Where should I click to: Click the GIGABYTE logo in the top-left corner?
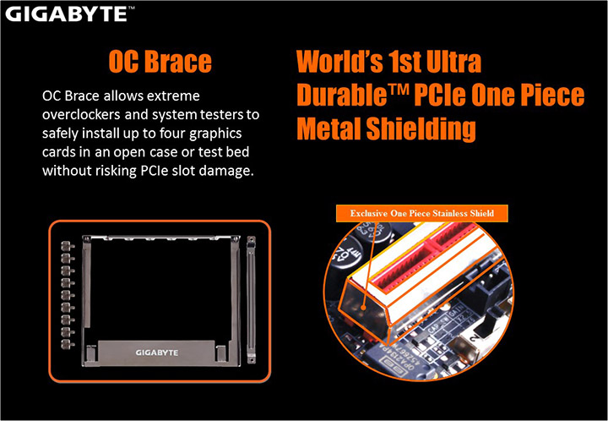pos(63,14)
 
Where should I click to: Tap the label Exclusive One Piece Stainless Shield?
pos(421,212)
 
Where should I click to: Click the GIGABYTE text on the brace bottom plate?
pos(159,349)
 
